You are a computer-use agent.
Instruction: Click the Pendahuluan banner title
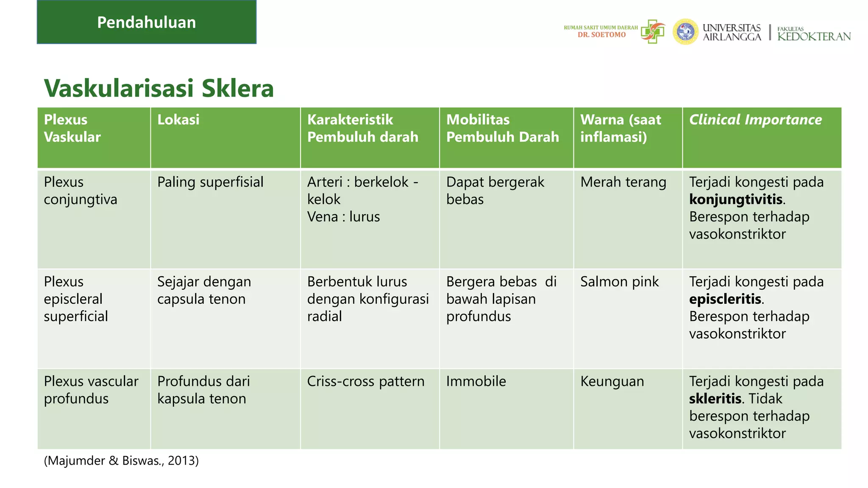point(146,22)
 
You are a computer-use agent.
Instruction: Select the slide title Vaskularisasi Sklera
point(159,88)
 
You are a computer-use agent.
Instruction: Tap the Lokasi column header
point(178,120)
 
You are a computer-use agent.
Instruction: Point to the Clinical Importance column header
point(755,120)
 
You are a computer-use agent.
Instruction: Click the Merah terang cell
point(623,182)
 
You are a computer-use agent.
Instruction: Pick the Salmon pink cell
point(619,282)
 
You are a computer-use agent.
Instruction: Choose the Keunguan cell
point(612,381)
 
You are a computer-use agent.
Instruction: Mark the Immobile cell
point(476,381)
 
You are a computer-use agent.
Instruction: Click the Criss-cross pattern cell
point(365,381)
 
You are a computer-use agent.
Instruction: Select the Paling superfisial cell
point(210,182)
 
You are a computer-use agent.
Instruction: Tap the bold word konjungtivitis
point(736,200)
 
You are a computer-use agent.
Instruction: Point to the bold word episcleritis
point(725,299)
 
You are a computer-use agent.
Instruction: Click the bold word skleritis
point(715,399)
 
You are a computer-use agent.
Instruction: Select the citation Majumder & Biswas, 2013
point(121,460)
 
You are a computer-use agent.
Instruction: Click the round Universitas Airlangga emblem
point(685,32)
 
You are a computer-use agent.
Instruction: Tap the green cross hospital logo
point(653,31)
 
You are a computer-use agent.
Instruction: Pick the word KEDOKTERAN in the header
point(814,36)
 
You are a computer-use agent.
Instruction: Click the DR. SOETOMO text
point(601,35)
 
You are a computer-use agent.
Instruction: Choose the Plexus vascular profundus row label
point(91,390)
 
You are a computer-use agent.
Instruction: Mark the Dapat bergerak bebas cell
point(495,191)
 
